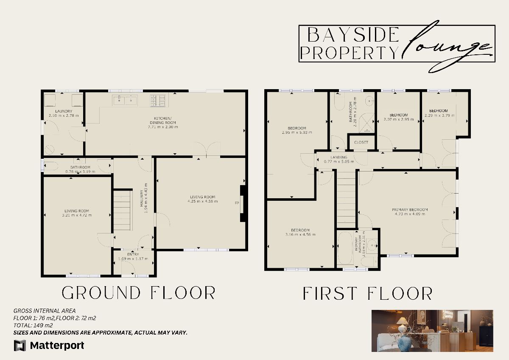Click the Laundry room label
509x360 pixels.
64,111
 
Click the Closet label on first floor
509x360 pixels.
361,142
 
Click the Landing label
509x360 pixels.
339,157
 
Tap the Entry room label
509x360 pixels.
133,254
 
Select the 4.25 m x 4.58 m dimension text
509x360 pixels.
203,201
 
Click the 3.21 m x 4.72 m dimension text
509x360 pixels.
77,215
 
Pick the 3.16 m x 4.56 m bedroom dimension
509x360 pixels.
300,234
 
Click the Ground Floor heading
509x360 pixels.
138,293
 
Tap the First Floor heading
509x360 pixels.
367,294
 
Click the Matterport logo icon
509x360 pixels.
20,346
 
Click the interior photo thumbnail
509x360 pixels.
432,331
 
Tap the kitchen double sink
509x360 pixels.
125,100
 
